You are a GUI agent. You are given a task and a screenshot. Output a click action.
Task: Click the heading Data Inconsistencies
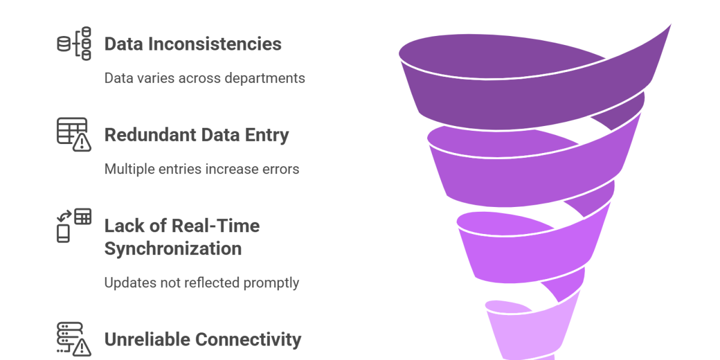click(x=193, y=44)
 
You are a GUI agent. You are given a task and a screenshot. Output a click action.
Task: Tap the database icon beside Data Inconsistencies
click(x=74, y=43)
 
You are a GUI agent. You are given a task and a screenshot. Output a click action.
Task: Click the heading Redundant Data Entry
click(x=197, y=135)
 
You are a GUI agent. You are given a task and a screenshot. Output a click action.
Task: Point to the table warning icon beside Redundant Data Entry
click(x=74, y=134)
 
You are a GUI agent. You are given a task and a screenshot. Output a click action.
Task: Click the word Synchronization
click(x=173, y=248)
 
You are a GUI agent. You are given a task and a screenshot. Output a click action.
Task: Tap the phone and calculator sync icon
click(x=74, y=225)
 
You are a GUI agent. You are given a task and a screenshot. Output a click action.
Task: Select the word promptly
click(x=273, y=282)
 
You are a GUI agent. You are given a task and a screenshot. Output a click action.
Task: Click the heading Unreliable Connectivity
click(x=203, y=340)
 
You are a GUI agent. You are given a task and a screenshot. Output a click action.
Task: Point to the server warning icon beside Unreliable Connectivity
click(x=74, y=338)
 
